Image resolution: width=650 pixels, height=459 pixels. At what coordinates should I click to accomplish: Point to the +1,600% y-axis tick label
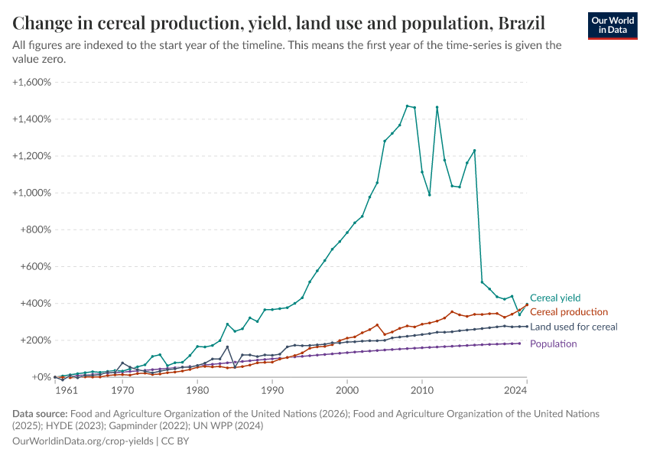(31, 82)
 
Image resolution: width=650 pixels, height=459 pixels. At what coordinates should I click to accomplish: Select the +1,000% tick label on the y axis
(31, 193)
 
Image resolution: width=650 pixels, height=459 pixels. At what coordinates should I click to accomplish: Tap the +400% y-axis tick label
(34, 303)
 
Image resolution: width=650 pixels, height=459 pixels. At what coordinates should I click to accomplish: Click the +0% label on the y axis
(41, 377)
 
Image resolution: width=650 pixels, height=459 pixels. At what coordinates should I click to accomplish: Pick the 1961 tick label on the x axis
(66, 390)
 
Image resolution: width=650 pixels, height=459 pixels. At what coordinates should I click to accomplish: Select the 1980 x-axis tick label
(197, 390)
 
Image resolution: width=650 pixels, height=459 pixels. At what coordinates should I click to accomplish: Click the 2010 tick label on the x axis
(422, 390)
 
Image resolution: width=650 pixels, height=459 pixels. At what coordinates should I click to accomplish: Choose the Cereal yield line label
(555, 298)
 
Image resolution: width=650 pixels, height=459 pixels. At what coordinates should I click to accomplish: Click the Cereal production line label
(569, 312)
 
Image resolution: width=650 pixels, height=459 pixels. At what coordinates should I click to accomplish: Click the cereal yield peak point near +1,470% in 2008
(407, 106)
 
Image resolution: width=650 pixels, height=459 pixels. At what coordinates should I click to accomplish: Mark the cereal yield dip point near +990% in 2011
(430, 194)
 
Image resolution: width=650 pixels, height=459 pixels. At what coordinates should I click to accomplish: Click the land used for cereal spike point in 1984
(227, 347)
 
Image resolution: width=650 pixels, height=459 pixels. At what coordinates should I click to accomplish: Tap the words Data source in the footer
(39, 413)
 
